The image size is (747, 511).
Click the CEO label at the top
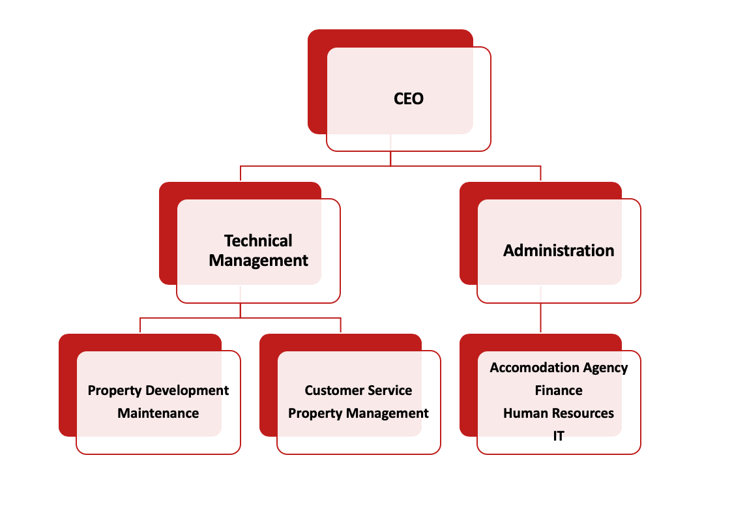(408, 98)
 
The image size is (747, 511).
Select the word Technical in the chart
(258, 241)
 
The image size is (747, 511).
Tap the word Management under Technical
(258, 261)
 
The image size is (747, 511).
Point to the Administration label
(559, 250)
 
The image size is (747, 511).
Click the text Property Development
(158, 390)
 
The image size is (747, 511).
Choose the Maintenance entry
(158, 413)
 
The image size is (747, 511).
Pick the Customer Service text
(359, 390)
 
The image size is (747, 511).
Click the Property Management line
(359, 413)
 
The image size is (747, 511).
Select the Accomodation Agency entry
(559, 368)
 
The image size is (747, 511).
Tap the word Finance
(559, 390)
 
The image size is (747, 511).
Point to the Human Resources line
(559, 413)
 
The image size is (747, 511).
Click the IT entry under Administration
(559, 436)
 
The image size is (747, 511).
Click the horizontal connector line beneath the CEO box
(390, 166)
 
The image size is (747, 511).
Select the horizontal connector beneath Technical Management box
(240, 317)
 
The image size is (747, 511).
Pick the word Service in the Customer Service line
(390, 390)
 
